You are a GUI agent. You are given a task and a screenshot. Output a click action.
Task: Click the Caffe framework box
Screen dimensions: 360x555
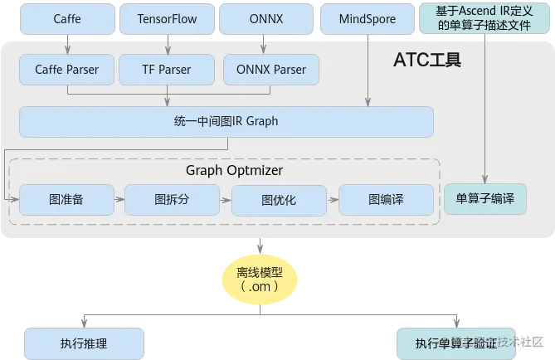66,18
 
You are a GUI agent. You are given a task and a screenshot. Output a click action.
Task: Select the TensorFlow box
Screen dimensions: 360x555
166,18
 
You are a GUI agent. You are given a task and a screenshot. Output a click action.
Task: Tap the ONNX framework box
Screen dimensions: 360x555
265,18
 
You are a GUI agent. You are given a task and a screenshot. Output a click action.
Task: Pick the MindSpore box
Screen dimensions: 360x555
368,18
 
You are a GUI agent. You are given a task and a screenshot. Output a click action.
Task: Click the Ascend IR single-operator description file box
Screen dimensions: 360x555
484,17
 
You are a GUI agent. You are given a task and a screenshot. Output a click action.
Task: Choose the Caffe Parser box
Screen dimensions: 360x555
66,70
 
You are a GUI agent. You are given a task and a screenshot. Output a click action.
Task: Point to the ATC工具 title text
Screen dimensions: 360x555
427,61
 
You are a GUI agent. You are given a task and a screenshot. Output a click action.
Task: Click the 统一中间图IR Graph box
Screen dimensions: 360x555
226,121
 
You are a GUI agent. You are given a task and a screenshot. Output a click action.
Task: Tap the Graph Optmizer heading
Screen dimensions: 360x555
235,170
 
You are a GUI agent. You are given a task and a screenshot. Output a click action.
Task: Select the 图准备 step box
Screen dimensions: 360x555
66,200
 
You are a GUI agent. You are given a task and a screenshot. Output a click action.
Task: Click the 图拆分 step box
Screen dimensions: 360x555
172,200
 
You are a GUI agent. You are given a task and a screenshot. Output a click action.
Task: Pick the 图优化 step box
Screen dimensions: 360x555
278,200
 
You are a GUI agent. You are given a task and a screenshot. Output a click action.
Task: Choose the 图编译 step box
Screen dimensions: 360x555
386,200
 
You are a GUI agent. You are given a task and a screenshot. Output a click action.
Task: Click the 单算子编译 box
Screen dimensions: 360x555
485,199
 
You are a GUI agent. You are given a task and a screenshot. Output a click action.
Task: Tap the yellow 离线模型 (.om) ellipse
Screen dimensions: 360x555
259,278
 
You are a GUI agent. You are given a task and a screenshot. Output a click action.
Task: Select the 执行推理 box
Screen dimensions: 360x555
84,343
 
